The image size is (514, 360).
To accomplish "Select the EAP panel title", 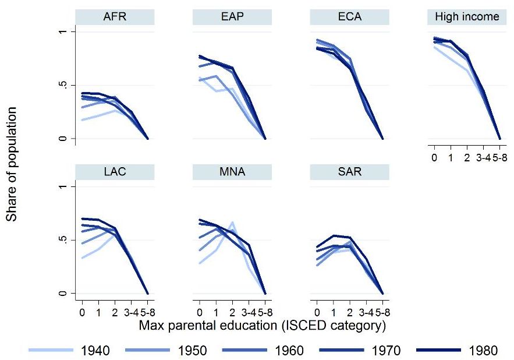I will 232,17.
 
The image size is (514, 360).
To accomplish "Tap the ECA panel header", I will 349,17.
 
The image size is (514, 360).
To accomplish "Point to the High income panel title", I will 467,17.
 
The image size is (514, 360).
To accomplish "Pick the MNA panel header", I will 232,172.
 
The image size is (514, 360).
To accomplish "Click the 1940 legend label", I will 95,351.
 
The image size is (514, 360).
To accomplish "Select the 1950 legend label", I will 193,351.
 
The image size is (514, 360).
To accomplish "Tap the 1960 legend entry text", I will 289,351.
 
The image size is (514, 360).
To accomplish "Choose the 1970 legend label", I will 386,351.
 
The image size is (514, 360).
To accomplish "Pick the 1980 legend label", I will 483,351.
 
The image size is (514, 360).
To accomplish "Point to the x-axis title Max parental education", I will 262,326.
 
